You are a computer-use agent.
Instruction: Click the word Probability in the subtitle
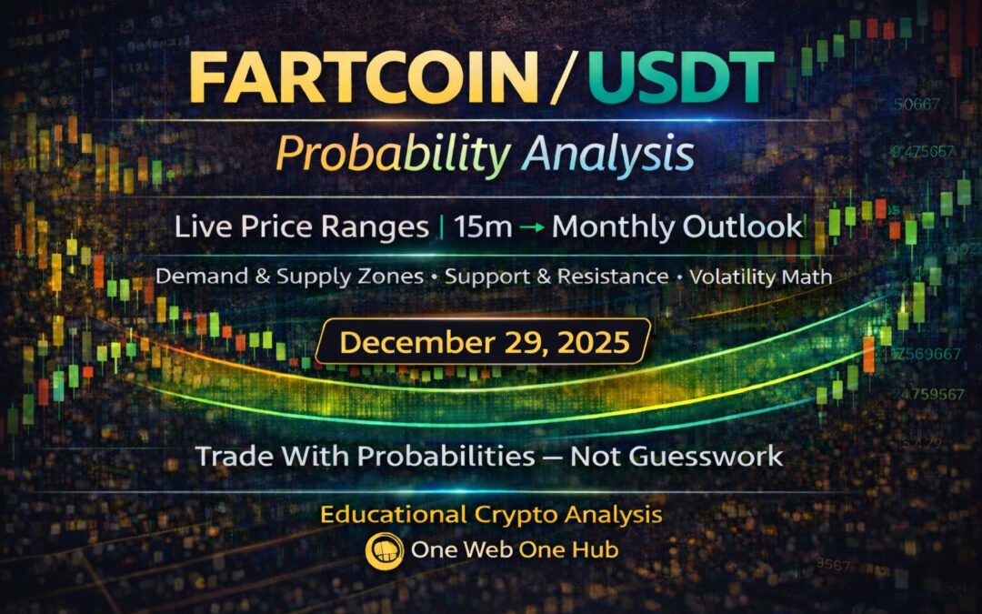click(x=392, y=154)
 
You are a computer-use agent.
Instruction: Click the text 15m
click(x=485, y=226)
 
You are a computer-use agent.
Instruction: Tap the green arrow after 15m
click(x=533, y=227)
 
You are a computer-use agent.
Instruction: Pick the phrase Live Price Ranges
click(x=302, y=226)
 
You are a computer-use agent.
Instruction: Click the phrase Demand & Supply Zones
click(x=289, y=277)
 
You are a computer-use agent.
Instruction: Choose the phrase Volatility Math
click(x=761, y=277)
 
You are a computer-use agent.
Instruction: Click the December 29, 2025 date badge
click(x=484, y=342)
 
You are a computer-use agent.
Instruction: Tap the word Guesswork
click(x=676, y=455)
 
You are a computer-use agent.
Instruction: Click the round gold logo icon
click(x=381, y=551)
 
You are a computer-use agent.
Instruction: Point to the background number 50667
click(x=918, y=105)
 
